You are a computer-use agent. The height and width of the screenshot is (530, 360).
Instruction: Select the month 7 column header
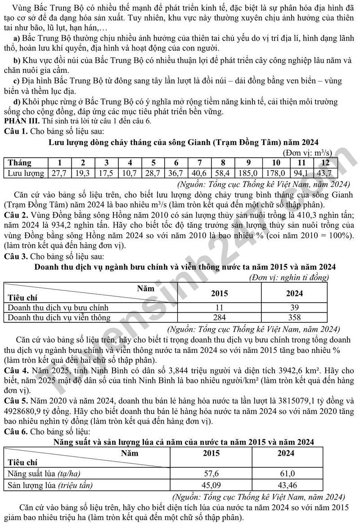(199, 163)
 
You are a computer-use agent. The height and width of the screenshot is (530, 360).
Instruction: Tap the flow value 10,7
(130, 173)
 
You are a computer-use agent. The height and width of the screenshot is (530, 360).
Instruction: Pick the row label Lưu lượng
(26, 173)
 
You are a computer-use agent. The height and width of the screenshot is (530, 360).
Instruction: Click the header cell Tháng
(20, 163)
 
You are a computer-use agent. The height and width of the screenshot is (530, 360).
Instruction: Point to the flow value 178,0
(276, 173)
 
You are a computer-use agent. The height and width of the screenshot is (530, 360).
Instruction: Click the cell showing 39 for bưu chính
(295, 308)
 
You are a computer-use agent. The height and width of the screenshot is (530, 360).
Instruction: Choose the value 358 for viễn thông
(295, 317)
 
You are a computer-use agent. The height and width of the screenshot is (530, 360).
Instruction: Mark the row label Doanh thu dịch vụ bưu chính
(58, 308)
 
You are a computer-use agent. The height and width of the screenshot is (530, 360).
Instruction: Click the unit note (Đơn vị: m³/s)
(308, 153)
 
